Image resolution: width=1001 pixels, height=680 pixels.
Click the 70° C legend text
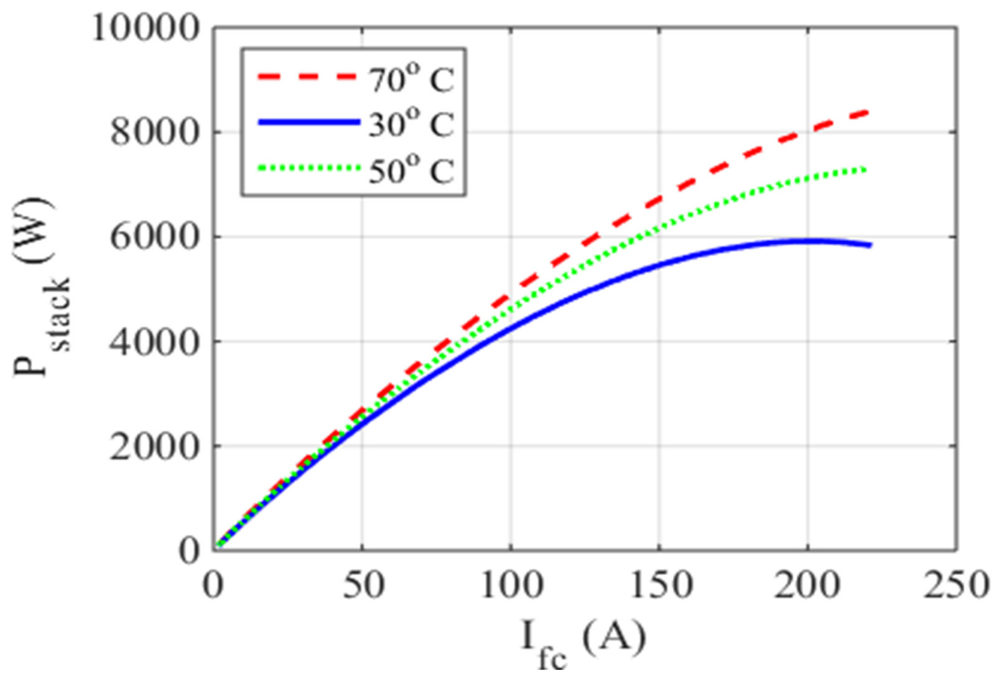tap(411, 80)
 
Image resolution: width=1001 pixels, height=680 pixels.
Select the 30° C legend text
tap(411, 125)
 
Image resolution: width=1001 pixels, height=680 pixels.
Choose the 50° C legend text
tap(411, 171)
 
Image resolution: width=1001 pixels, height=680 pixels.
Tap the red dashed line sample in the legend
tap(308, 77)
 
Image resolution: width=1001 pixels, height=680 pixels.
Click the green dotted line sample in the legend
tap(308, 168)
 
